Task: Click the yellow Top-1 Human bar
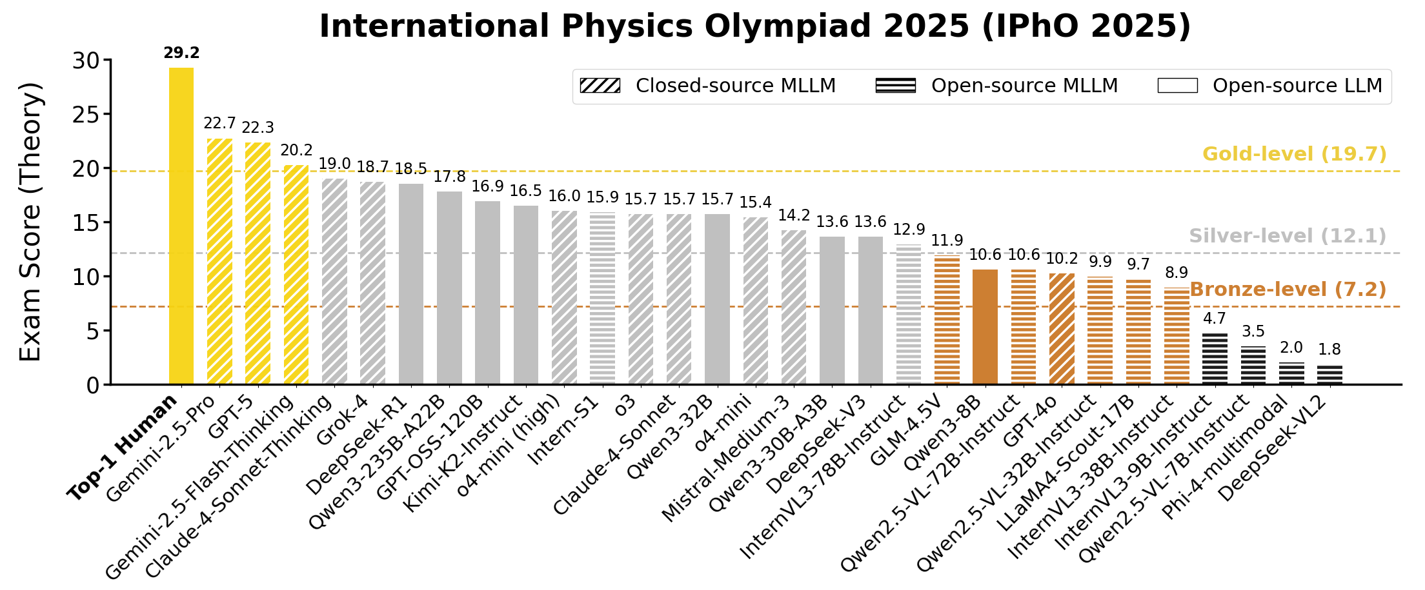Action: (181, 226)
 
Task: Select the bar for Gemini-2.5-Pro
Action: (219, 261)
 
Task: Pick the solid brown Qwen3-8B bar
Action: (985, 327)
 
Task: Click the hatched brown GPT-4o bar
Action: (1062, 329)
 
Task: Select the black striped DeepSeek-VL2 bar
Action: (1329, 375)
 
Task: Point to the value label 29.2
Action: (181, 53)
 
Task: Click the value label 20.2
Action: (296, 150)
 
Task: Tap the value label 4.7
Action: (1214, 318)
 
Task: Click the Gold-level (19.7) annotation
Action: (1294, 154)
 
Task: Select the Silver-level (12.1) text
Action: (1287, 236)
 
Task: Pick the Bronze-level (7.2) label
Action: (1288, 290)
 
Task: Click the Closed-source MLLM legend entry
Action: (708, 86)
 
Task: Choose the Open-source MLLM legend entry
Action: (996, 86)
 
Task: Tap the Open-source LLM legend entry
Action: (1270, 86)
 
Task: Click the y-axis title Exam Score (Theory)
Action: (30, 221)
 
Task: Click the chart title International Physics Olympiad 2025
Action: (754, 26)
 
